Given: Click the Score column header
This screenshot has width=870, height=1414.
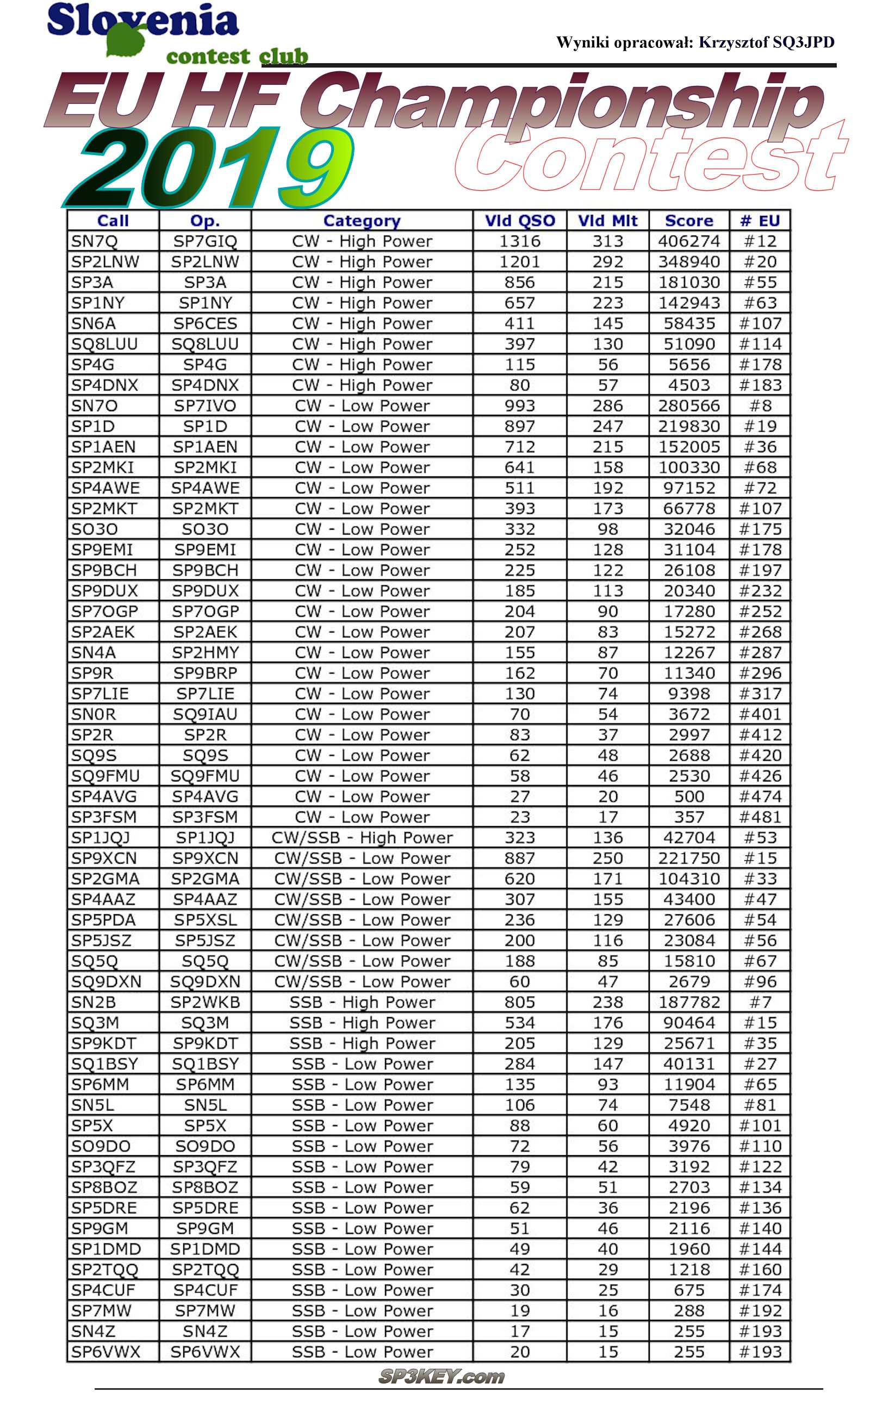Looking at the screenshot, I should coord(689,221).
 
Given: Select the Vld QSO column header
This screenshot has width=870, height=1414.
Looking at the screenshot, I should coord(520,221).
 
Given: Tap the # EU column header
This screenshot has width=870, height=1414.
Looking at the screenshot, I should coord(760,221).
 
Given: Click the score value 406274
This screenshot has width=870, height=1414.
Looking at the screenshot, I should coord(689,241).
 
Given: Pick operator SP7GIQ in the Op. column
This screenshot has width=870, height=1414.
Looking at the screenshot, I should coord(205,241).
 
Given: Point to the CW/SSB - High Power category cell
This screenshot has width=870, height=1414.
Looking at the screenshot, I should coord(362,838).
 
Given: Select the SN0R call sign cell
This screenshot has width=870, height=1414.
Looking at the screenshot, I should coord(94,714).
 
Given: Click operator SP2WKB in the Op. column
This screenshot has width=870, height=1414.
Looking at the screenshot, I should coord(205,1002).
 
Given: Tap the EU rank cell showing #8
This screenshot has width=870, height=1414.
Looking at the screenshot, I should coord(760,406).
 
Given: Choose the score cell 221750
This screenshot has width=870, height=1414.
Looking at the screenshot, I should coord(689,859).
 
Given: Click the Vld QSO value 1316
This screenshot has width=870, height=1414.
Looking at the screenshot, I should coord(520,241).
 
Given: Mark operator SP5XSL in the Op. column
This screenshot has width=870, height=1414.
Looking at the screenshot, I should coord(205,920).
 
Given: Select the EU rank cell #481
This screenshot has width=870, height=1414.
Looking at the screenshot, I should coord(760,817).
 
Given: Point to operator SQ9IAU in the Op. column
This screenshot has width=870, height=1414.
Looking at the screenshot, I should coord(205,714).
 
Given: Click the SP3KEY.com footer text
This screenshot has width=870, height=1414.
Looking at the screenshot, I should coord(442,1376).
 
